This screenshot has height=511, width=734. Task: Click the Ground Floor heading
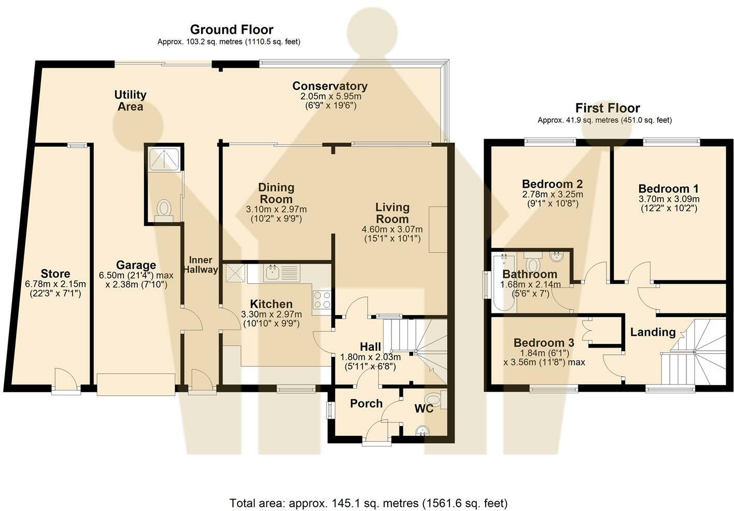tap(232, 30)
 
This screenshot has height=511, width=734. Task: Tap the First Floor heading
tap(608, 108)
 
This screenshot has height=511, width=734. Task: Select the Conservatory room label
tap(330, 86)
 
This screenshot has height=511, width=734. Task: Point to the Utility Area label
tap(130, 100)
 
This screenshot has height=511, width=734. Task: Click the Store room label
tap(55, 273)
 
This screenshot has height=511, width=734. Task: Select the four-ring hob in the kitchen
tap(322, 300)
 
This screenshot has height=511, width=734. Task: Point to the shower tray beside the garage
tap(164, 159)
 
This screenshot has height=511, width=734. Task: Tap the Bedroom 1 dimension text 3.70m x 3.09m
tap(669, 199)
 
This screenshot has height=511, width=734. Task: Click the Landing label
tap(653, 332)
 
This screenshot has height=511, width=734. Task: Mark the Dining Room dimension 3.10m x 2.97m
tap(276, 209)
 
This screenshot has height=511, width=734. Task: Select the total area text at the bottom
tap(369, 503)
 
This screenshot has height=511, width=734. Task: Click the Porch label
tap(366, 404)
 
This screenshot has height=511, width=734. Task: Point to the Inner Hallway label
tap(201, 265)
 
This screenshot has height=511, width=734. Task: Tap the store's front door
tap(65, 381)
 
